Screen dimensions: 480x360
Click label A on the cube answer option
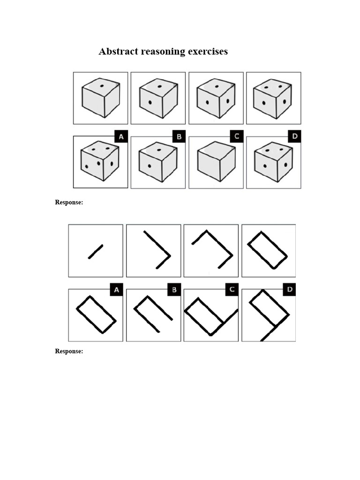(x=121, y=137)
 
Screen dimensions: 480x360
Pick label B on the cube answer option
(x=179, y=137)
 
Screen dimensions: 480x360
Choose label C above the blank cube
(x=237, y=137)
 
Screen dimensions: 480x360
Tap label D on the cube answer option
(x=294, y=137)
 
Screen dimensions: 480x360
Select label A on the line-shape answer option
(x=116, y=290)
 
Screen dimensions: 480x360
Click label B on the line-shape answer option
(x=174, y=290)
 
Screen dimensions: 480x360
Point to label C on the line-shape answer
(x=232, y=290)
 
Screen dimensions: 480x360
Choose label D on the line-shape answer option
(x=290, y=290)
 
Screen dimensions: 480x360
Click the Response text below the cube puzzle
(x=69, y=202)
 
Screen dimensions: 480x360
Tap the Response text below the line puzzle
(x=69, y=351)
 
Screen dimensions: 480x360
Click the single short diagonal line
(x=96, y=251)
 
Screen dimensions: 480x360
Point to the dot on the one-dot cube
(x=102, y=86)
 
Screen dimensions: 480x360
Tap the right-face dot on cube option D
(x=285, y=165)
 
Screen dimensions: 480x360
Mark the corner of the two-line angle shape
(x=169, y=255)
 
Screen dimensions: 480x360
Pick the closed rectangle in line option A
(x=96, y=315)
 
